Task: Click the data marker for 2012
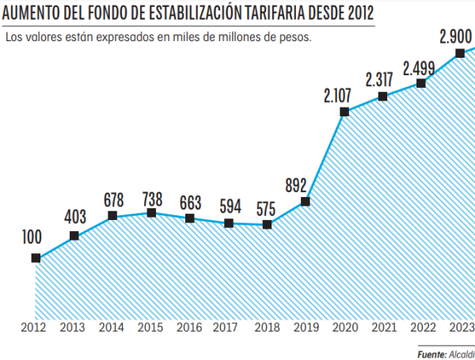(x=36, y=258)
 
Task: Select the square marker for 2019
(x=306, y=202)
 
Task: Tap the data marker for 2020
(x=344, y=112)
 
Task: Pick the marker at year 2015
(x=151, y=213)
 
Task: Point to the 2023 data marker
(x=460, y=54)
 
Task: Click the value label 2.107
(x=343, y=95)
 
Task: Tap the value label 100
(x=32, y=238)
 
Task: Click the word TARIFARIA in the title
(x=279, y=13)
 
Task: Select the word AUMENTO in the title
(x=34, y=13)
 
